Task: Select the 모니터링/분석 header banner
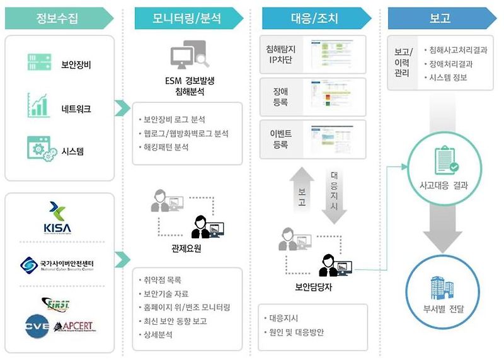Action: point(186,18)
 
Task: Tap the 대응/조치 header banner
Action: point(315,18)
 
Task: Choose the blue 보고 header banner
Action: point(439,18)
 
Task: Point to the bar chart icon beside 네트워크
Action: point(38,106)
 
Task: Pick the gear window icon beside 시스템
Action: point(38,149)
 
